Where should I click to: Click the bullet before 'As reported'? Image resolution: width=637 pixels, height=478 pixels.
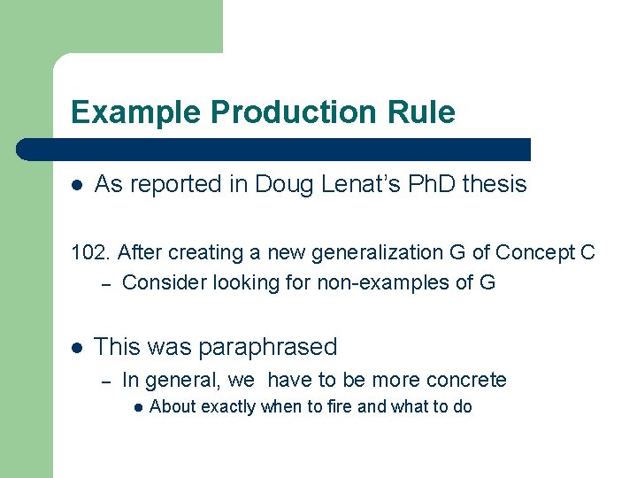(77, 185)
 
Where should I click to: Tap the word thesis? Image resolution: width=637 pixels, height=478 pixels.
(495, 184)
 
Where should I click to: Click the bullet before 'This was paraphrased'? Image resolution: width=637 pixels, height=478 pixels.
(77, 347)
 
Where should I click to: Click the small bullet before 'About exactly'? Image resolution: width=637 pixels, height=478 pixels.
(138, 408)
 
